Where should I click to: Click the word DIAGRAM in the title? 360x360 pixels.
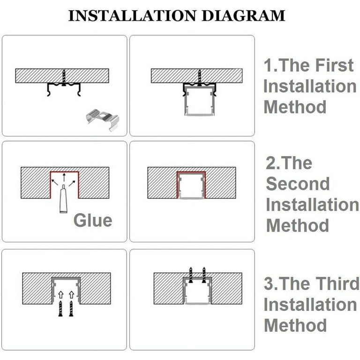coord(243,15)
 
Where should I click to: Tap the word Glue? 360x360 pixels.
coord(93,220)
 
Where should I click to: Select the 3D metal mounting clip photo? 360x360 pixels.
coord(103,120)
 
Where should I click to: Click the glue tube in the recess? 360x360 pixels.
coord(63,198)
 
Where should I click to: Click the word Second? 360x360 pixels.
coord(298,184)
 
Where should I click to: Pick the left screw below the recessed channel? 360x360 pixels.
coord(60,309)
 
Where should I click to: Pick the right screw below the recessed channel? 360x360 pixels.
coord(71,309)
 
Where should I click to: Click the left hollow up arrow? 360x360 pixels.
coord(60,295)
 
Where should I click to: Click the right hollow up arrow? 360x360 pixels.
coord(72,295)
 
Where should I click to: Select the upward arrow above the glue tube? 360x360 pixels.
coord(64,178)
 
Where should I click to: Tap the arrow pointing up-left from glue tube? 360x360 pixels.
coord(55,182)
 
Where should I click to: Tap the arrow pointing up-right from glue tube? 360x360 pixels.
coord(72,183)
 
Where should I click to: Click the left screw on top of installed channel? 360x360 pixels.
coord(191,275)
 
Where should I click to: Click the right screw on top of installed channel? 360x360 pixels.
coord(204,275)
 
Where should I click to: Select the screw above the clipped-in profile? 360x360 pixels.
coord(200,78)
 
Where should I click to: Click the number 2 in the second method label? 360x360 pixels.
coord(271,163)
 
